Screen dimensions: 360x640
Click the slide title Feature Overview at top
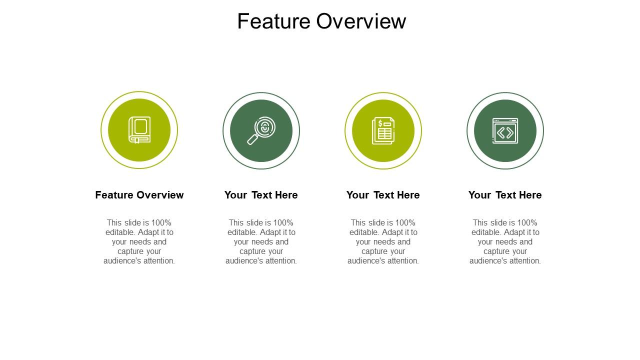[321, 21]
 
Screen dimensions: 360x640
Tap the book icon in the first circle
[139, 130]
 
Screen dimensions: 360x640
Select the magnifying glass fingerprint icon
[261, 130]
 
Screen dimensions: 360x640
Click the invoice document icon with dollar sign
[383, 130]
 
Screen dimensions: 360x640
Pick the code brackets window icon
[505, 130]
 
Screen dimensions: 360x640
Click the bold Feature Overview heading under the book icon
[139, 195]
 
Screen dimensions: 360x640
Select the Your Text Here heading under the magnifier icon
[261, 195]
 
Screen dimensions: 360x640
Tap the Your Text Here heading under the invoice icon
[383, 195]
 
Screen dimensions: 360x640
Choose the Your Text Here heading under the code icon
[505, 195]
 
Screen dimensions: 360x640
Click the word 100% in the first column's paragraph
[161, 223]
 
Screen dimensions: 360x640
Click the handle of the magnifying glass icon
[252, 139]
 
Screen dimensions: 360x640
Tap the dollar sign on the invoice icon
[380, 123]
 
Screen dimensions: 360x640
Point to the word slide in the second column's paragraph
[256, 223]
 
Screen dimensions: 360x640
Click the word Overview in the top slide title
[361, 21]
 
